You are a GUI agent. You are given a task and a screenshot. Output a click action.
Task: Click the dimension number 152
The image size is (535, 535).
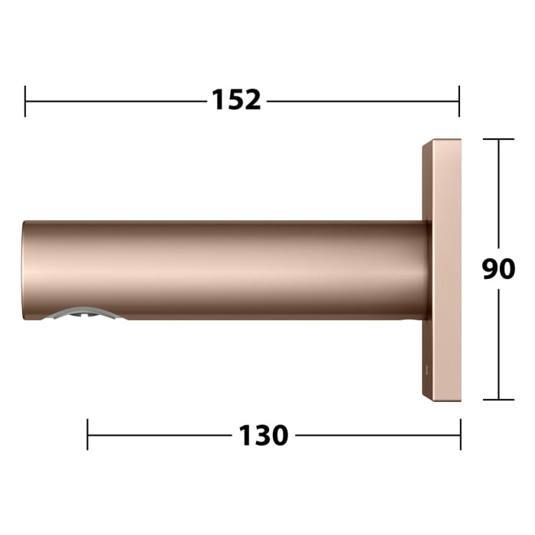236,100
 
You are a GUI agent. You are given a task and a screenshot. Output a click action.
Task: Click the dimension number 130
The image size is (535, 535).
264,436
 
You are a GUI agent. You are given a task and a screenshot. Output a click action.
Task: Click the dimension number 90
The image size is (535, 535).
498,269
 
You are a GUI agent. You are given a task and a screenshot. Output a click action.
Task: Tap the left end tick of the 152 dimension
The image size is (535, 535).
25,101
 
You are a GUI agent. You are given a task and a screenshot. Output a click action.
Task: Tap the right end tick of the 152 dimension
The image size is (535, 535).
459,101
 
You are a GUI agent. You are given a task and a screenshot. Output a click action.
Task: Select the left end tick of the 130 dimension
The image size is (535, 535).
88,435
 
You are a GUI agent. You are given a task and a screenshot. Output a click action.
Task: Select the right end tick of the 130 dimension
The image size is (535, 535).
460,435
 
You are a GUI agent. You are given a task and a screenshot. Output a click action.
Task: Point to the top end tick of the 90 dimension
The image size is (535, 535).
499,139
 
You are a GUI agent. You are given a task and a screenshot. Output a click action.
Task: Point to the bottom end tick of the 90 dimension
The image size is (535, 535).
499,399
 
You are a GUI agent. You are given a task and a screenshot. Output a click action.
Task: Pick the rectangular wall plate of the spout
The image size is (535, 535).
442,269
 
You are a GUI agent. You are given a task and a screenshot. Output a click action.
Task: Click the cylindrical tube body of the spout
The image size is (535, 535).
229,269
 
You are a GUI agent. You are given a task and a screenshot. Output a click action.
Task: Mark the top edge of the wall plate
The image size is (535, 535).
442,141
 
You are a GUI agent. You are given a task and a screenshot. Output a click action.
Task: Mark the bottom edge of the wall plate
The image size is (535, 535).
442,398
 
